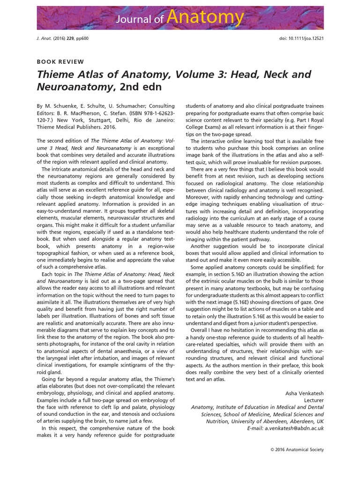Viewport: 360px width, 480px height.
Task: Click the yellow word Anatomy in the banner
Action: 205,17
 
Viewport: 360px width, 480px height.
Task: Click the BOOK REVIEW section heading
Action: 60,61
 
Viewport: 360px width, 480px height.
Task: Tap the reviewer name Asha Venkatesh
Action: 304,392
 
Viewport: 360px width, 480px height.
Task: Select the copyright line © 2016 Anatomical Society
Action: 297,450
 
